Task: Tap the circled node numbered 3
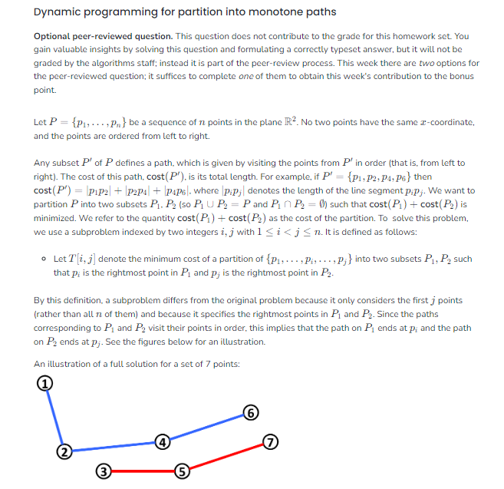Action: point(104,470)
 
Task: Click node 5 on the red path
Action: point(181,470)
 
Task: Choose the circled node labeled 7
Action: point(269,441)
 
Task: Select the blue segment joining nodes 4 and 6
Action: point(206,428)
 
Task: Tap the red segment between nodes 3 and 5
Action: point(142,470)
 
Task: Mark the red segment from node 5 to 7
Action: point(225,456)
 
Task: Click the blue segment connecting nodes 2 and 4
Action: point(114,447)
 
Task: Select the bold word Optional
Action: point(55,36)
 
